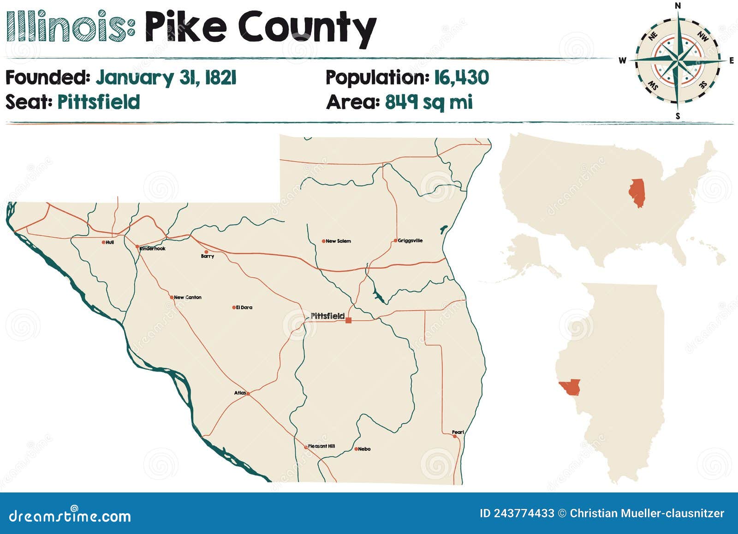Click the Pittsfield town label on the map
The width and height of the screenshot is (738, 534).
pos(327,316)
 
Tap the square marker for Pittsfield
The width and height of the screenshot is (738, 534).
pos(348,320)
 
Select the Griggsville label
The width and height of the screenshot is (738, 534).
pos(410,240)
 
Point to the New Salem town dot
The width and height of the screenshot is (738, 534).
pos(323,241)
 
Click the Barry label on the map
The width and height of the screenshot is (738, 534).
pos(208,256)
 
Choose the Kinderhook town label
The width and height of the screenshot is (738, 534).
pos(153,249)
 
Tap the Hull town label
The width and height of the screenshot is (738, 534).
pos(110,242)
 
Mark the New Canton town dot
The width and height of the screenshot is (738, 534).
pos(171,297)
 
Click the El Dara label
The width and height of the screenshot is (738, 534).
pos(244,307)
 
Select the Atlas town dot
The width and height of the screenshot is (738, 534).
pos(248,394)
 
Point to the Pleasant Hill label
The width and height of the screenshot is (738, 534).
pos(321,446)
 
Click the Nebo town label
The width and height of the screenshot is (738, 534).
pos(364,449)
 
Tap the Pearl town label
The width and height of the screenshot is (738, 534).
pos(458,432)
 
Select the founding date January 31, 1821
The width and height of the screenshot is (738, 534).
pos(166,78)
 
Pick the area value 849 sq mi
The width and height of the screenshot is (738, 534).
pos(429,102)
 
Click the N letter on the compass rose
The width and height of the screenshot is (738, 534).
pos(678,6)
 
